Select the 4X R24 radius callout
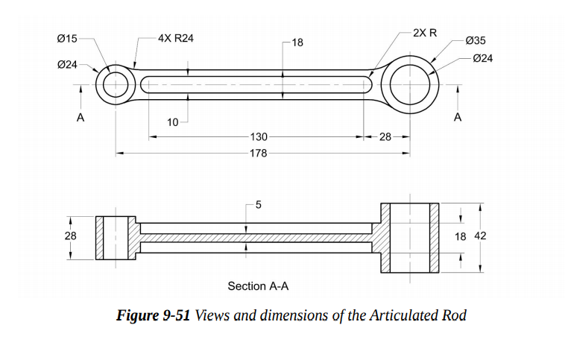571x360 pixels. click(176, 37)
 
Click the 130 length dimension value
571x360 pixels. click(259, 137)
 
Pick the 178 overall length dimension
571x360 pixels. click(259, 153)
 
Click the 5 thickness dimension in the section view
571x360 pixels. click(257, 204)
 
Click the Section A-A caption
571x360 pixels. click(258, 286)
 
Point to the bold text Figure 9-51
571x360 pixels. click(154, 315)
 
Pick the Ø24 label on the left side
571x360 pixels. click(67, 65)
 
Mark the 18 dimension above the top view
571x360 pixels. click(297, 42)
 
